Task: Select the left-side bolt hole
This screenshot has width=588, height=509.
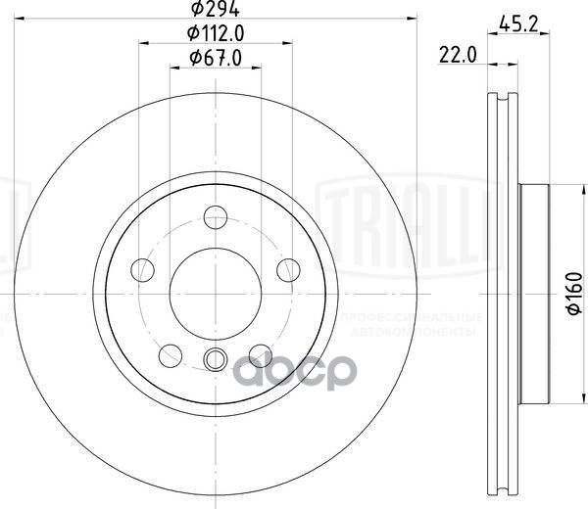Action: pyautogui.click(x=143, y=268)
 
